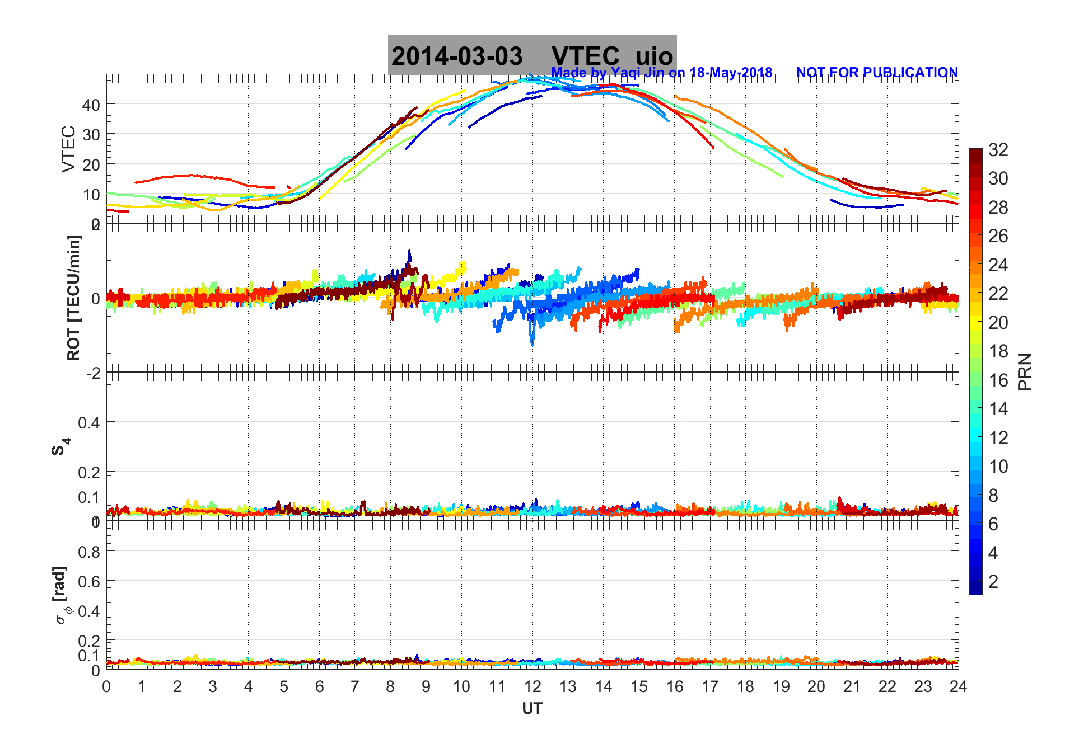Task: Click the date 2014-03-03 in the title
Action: (x=457, y=56)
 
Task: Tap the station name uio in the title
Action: (x=654, y=56)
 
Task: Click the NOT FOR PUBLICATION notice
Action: (x=877, y=73)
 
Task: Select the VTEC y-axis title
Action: (x=68, y=149)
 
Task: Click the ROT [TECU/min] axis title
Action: (x=73, y=298)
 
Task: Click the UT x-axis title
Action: (x=532, y=709)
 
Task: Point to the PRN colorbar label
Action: (x=1025, y=372)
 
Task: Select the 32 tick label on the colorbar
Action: (x=998, y=150)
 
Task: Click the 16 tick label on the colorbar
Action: (x=998, y=380)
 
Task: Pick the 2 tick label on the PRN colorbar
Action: (x=993, y=582)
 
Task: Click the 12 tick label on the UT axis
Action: (x=532, y=687)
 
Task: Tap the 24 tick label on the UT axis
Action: (x=958, y=687)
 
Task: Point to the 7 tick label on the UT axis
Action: (x=355, y=687)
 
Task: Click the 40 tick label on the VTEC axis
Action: (x=91, y=105)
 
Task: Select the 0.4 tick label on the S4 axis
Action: (x=89, y=423)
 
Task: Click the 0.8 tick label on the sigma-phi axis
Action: (x=89, y=552)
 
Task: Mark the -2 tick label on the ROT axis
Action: (x=93, y=373)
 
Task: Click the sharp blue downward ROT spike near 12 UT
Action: (x=532, y=338)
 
